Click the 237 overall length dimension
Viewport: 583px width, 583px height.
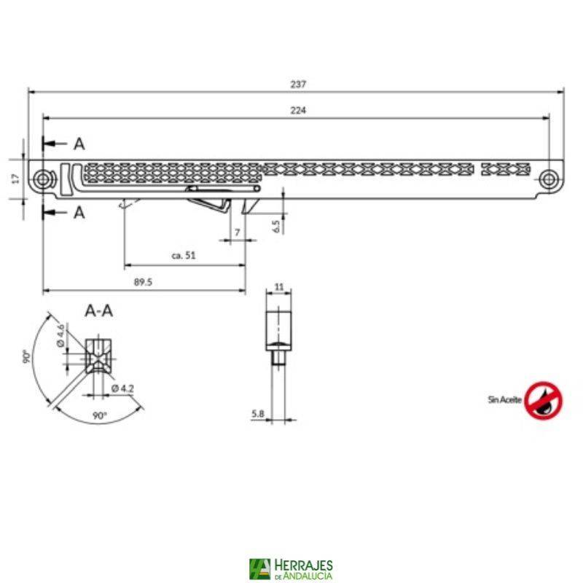click(x=297, y=84)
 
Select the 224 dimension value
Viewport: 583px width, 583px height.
click(x=297, y=110)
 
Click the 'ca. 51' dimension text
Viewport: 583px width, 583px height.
click(x=184, y=256)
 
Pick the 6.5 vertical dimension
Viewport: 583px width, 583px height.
click(x=276, y=226)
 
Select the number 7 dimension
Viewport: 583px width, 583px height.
click(x=237, y=232)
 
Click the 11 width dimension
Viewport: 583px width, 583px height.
click(x=279, y=286)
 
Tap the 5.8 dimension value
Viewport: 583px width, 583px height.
click(x=257, y=413)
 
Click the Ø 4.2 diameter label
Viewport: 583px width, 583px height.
click(x=122, y=388)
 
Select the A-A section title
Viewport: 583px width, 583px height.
click(x=99, y=311)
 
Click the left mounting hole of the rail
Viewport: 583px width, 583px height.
click(x=43, y=178)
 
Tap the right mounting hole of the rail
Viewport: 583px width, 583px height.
click(x=548, y=178)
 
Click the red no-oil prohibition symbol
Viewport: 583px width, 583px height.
click(x=544, y=399)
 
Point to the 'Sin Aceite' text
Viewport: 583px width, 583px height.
click(x=504, y=399)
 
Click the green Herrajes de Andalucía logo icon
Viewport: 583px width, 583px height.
click(x=259, y=568)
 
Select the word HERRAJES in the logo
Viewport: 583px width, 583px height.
click(x=303, y=565)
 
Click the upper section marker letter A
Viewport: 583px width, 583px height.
click(x=79, y=144)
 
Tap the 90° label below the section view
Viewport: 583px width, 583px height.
click(x=100, y=415)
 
